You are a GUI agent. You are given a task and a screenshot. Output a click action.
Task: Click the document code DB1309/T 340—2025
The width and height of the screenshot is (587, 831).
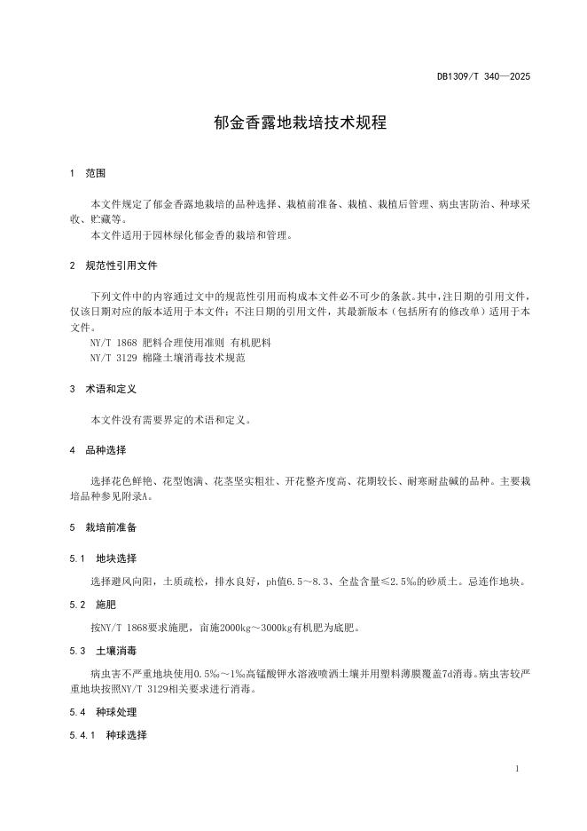point(483,77)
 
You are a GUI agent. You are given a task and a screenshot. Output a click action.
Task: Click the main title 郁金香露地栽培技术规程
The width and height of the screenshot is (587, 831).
point(300,123)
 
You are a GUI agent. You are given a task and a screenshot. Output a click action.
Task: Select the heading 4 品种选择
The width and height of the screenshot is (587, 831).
point(98,450)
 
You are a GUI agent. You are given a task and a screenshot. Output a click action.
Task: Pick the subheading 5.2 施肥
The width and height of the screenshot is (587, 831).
point(94,605)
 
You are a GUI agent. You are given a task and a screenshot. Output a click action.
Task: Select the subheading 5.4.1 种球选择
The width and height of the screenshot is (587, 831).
point(108,735)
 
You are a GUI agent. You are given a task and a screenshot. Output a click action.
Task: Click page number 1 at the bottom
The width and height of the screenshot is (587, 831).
point(516,769)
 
